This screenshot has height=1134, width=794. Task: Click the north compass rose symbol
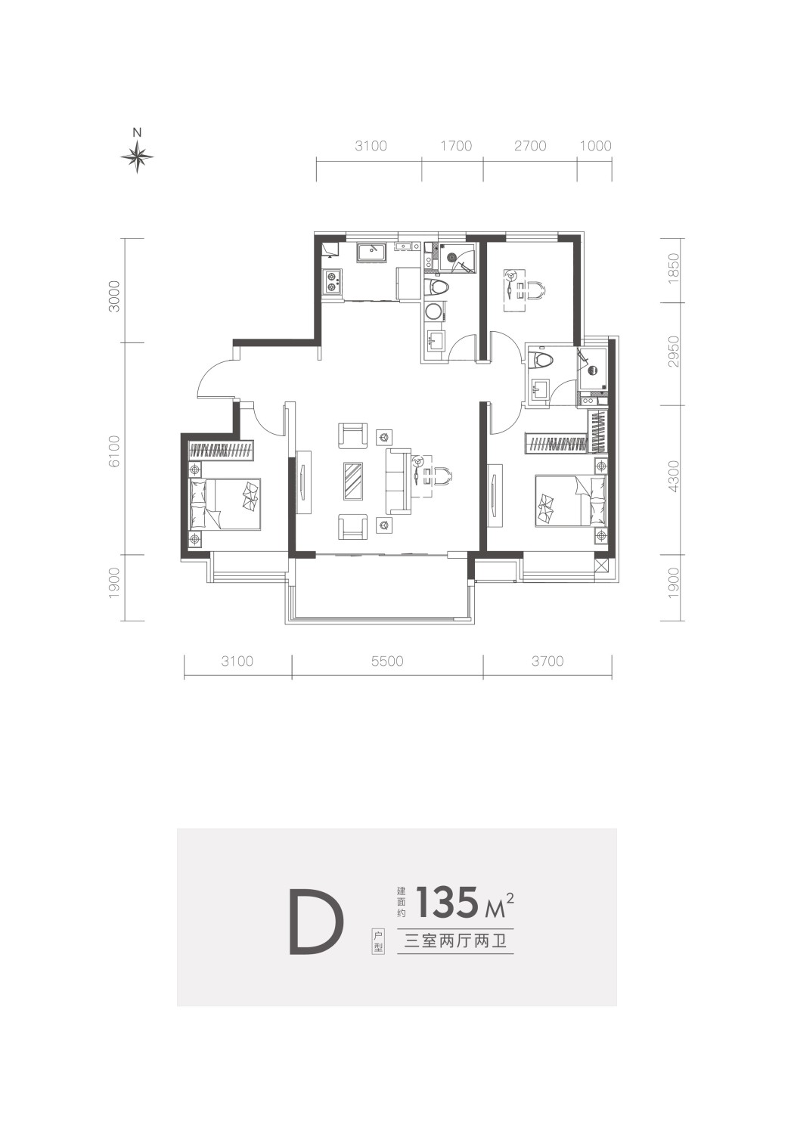tap(137, 156)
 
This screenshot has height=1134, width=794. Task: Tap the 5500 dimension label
tap(387, 661)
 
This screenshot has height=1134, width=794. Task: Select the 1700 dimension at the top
tap(456, 147)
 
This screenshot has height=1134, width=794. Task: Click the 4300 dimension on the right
tap(673, 476)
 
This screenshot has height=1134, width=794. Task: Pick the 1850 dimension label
tap(673, 269)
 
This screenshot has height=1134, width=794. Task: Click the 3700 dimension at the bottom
tap(548, 661)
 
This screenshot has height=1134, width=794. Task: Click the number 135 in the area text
tap(447, 902)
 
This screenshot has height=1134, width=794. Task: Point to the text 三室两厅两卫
tap(456, 942)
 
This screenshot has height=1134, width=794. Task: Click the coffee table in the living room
tap(353, 481)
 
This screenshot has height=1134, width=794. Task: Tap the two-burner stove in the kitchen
tap(332, 283)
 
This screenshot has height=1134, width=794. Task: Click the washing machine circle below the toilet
tap(434, 311)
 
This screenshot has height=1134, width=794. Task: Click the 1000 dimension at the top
tap(596, 147)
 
